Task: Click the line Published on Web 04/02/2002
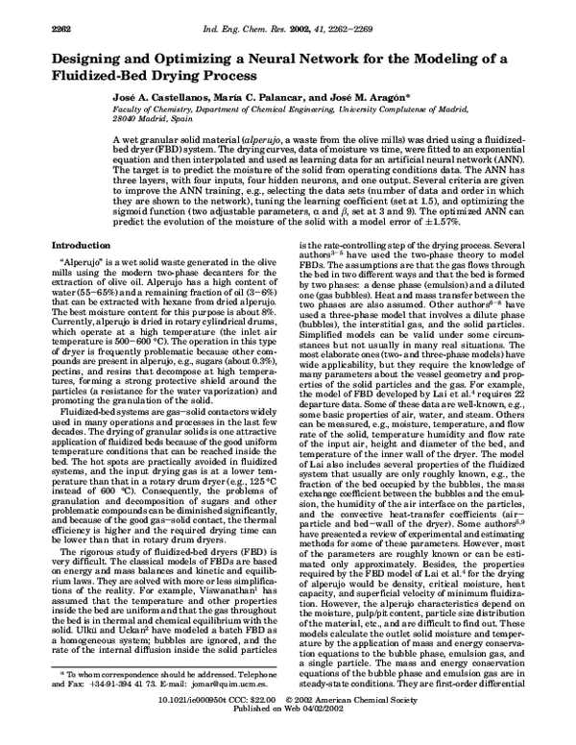[288, 733]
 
